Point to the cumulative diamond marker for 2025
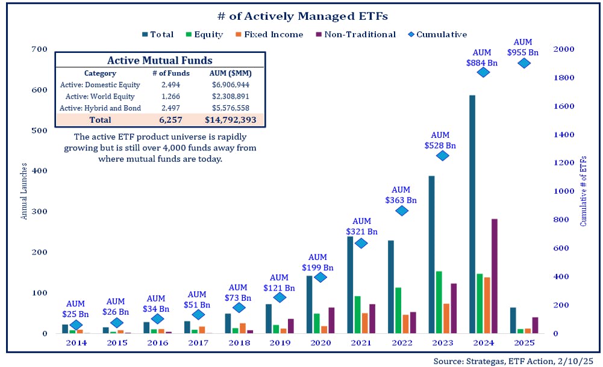tap(524, 63)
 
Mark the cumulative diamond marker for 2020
tap(320, 277)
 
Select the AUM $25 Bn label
tap(76, 308)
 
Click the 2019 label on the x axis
tap(280, 342)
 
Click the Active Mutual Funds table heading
tap(159, 60)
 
